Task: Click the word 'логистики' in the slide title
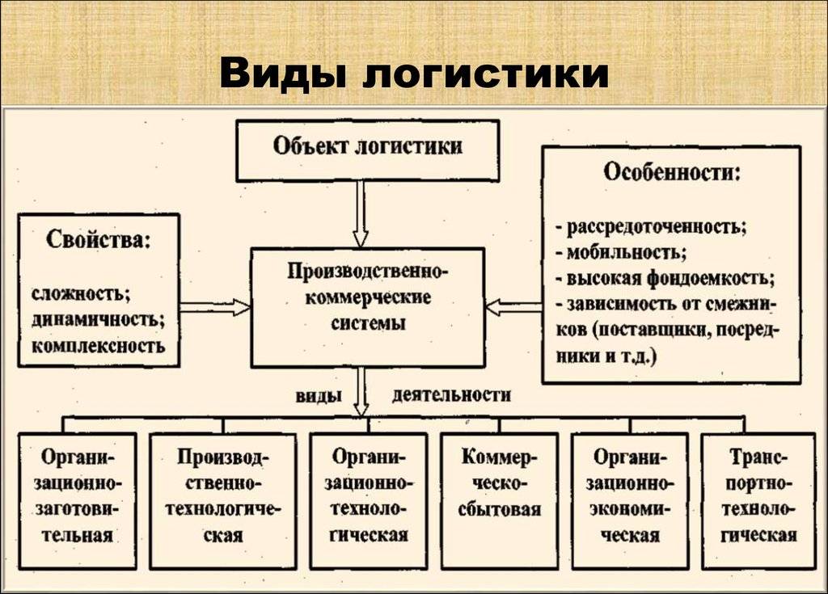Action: tap(486, 74)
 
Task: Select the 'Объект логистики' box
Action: tap(368, 151)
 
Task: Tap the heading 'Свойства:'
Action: tap(98, 239)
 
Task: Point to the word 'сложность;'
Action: tap(81, 293)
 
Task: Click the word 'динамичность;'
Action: tap(98, 320)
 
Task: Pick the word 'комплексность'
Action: tap(98, 346)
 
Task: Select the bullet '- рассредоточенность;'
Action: tap(651, 227)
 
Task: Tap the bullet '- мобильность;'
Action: tap(621, 253)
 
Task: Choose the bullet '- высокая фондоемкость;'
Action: tap(665, 278)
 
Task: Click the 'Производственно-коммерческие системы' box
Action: tap(368, 308)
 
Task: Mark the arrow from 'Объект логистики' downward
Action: tap(361, 214)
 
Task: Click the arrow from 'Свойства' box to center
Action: tap(215, 307)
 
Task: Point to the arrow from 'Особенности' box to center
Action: tap(513, 307)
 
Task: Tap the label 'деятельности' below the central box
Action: tap(451, 395)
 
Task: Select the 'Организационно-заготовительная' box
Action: tap(78, 500)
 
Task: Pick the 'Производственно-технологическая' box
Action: tap(223, 500)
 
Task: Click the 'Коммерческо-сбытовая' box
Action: tap(500, 500)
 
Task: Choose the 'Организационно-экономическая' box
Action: tap(630, 500)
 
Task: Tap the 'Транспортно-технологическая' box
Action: tap(758, 500)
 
